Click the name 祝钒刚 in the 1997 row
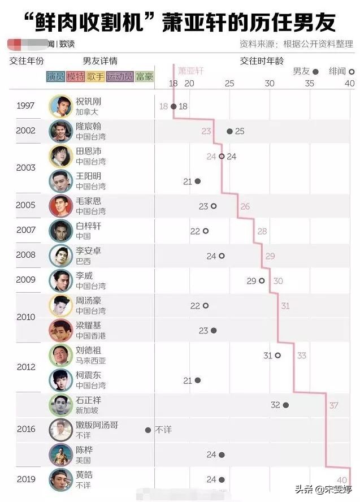[x=88, y=101]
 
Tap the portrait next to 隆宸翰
[x=59, y=131]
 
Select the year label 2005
[x=26, y=205]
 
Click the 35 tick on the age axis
[x=309, y=84]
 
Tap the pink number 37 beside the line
[x=333, y=405]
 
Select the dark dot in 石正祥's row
[x=286, y=405]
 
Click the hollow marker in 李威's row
[x=262, y=280]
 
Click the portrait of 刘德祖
[x=59, y=355]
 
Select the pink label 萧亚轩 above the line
[x=190, y=70]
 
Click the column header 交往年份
[x=27, y=61]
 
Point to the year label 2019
[x=26, y=479]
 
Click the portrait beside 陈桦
[x=59, y=454]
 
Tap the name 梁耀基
[x=88, y=325]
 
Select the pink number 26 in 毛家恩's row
[x=245, y=206]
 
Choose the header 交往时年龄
[x=262, y=60]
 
